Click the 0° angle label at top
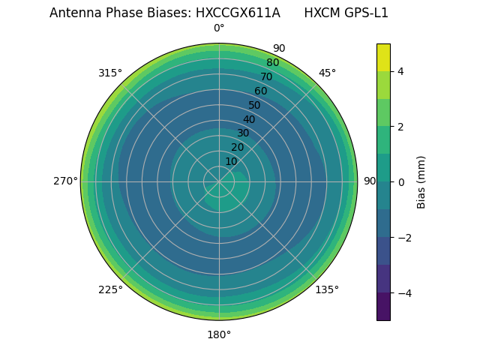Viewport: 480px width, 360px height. coord(219,28)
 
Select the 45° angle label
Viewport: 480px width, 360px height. coord(327,73)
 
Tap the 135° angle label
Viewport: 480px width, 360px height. coord(327,289)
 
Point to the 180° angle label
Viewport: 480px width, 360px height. coord(219,334)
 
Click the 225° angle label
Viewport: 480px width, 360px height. coord(110,289)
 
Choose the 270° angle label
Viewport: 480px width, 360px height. coord(65,181)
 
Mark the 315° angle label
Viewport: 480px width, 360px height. coord(110,73)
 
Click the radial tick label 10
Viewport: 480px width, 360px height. coord(232,161)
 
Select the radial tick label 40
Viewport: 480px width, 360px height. coord(249,119)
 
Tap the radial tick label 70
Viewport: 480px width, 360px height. coord(266,76)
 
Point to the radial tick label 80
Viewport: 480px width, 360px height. coord(272,62)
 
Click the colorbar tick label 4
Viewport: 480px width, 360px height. coord(401,71)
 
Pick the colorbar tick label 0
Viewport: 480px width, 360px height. coord(401,182)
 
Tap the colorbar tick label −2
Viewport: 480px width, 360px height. coord(401,238)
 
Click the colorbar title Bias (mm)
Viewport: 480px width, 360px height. coord(421,182)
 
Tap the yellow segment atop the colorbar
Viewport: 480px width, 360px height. coord(383,57)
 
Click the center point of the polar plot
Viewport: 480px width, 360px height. coord(219,181)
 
